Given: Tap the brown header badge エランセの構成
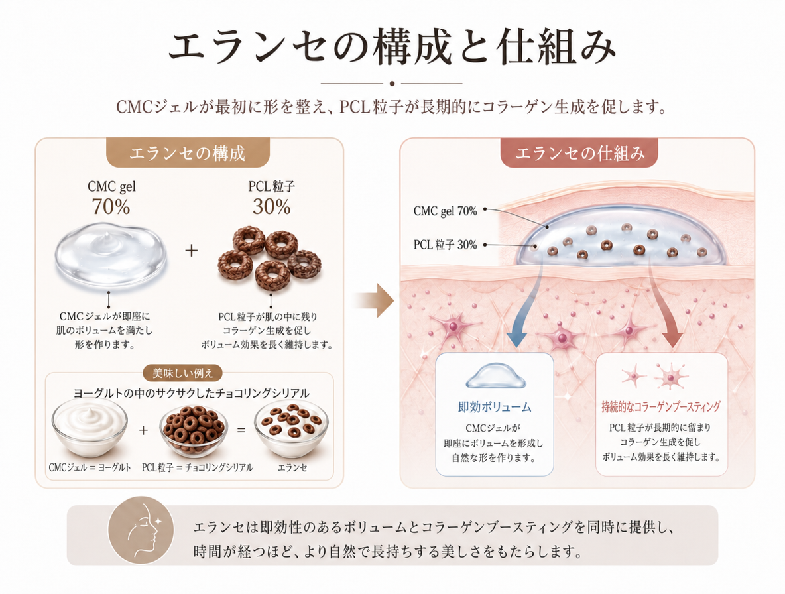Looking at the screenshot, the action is coord(188,152).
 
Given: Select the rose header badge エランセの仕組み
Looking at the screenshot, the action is coord(579,152).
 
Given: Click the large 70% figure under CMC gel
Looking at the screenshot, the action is coord(111,207).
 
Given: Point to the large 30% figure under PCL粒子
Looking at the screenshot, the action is coord(271,207).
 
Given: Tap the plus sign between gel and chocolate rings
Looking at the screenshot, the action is coord(191,250).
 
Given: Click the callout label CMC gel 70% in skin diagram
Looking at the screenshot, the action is coord(445,211).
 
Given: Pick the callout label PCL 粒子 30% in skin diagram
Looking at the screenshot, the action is coord(445,245).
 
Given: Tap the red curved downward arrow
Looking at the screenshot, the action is coord(664,305).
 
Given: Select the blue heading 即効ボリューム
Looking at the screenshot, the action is coord(494,407).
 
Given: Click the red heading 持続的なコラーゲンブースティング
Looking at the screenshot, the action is coord(661,406).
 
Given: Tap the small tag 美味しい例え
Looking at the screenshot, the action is coord(183,373).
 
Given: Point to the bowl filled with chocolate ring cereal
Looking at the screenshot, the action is coord(193,430).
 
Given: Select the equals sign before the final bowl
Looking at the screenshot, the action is coord(241,430).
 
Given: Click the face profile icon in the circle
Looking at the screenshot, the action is coord(142,530).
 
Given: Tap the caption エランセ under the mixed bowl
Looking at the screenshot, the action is coord(292,467).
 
